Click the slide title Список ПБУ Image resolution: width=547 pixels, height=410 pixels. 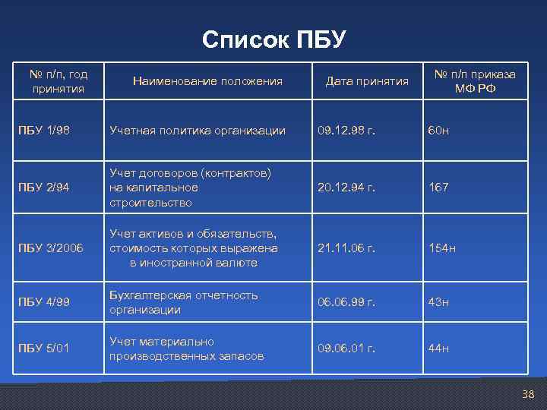273,39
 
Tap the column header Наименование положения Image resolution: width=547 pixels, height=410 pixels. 207,81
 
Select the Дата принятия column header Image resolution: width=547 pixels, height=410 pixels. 367,81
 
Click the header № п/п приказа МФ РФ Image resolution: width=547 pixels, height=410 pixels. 475,81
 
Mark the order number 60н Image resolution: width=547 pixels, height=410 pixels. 439,131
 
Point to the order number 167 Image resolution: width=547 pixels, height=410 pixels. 438,188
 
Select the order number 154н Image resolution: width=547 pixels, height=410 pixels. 442,248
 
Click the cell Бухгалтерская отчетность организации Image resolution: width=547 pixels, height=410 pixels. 183,302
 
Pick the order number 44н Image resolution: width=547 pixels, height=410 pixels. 439,348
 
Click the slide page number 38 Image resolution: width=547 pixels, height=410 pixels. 529,394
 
